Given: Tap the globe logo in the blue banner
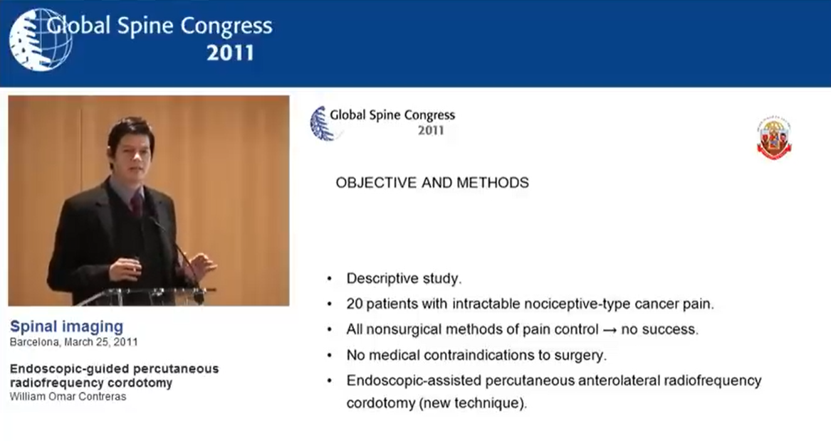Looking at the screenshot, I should pyautogui.click(x=40, y=39).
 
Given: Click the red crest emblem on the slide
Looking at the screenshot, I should pyautogui.click(x=774, y=139).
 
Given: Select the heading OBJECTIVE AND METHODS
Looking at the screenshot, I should pyautogui.click(x=432, y=184).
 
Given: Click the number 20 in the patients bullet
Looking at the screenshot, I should pyautogui.click(x=354, y=304).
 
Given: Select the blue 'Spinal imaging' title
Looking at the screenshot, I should pyautogui.click(x=66, y=327).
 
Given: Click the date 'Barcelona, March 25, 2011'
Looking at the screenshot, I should pyautogui.click(x=73, y=342).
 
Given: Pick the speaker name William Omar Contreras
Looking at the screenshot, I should pyautogui.click(x=68, y=397).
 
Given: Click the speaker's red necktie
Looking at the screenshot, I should pyautogui.click(x=136, y=206).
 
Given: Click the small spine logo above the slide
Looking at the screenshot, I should pyautogui.click(x=323, y=123).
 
